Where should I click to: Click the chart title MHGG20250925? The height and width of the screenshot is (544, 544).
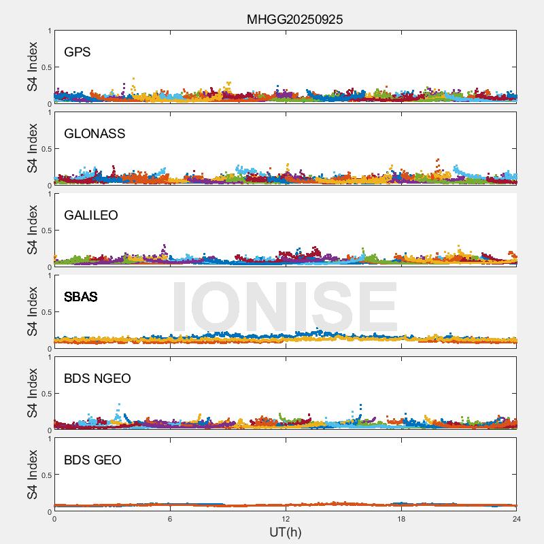point(294,19)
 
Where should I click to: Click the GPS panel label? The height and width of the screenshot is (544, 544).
point(77,52)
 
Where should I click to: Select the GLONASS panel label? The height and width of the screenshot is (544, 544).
point(95,134)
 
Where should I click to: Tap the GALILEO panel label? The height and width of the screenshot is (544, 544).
point(90,216)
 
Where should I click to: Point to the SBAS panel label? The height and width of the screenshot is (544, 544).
point(80,297)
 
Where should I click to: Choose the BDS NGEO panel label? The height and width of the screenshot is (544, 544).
point(97,379)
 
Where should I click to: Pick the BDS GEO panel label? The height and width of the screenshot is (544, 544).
point(92,460)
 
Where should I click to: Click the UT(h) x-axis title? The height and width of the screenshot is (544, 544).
point(285,531)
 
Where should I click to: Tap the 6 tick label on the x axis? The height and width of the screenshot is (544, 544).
point(170,519)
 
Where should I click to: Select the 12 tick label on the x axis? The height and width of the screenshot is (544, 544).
point(286,519)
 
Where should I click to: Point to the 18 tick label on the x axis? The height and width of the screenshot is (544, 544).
point(401,519)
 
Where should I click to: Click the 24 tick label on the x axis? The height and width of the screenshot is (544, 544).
point(516,519)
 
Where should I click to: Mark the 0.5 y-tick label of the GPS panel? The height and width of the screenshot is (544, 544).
point(46,67)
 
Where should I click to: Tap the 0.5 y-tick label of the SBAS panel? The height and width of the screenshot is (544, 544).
point(46,312)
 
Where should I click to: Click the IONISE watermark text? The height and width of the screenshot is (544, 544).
point(284,307)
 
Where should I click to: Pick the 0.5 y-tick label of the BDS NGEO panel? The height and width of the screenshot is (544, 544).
point(46,394)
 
